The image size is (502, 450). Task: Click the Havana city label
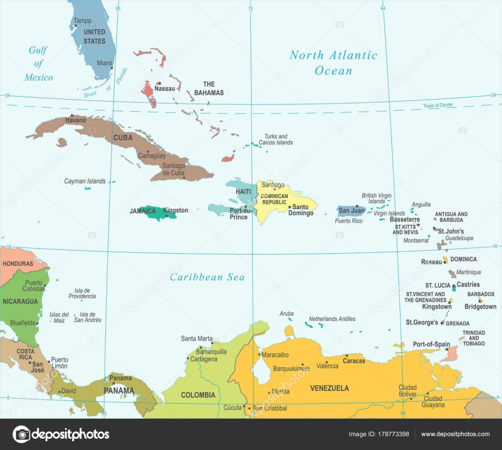click(75, 120)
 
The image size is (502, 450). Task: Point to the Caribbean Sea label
click(207, 277)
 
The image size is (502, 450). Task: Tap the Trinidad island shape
click(450, 353)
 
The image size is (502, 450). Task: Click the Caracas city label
click(354, 361)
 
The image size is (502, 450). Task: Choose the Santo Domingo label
click(301, 210)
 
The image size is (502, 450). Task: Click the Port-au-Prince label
click(239, 214)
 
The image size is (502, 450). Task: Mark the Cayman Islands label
click(85, 181)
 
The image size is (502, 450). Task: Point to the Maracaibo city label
click(275, 354)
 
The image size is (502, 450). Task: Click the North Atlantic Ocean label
click(333, 62)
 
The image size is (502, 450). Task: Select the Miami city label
click(104, 63)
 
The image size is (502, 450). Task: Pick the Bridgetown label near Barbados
click(480, 307)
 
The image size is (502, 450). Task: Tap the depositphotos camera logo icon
click(22, 434)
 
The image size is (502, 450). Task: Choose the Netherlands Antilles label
click(332, 319)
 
